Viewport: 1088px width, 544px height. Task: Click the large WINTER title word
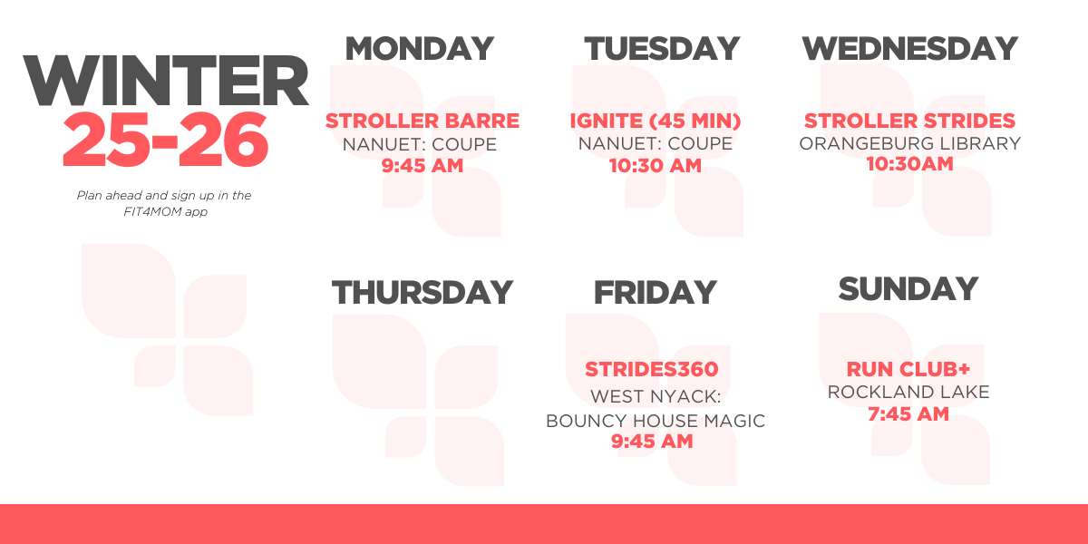pyautogui.click(x=166, y=82)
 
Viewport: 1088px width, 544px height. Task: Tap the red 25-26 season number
pyautogui.click(x=166, y=141)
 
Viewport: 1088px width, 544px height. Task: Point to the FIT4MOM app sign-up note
pyautogui.click(x=164, y=203)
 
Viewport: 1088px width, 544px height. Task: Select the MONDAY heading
pyautogui.click(x=419, y=48)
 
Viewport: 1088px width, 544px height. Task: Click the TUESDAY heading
pyautogui.click(x=662, y=49)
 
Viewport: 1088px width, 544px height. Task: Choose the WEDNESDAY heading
pyautogui.click(x=909, y=49)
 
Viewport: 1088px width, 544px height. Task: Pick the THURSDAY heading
pyautogui.click(x=423, y=293)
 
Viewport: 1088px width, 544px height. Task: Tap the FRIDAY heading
pyautogui.click(x=655, y=293)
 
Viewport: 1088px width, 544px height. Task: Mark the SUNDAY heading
pyautogui.click(x=908, y=289)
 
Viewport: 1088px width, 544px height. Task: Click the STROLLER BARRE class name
pyautogui.click(x=423, y=121)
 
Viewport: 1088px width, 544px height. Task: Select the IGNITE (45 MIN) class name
pyautogui.click(x=656, y=121)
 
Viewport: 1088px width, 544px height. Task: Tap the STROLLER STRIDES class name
pyautogui.click(x=909, y=121)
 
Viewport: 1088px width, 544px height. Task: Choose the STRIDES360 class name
pyautogui.click(x=651, y=369)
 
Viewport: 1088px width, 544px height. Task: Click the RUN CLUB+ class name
pyautogui.click(x=908, y=369)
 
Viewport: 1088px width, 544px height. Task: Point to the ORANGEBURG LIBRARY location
pyautogui.click(x=909, y=143)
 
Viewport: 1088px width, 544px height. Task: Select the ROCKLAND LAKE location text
pyautogui.click(x=908, y=392)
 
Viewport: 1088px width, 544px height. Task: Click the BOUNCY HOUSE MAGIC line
pyautogui.click(x=655, y=421)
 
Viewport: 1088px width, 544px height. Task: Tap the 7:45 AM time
pyautogui.click(x=908, y=414)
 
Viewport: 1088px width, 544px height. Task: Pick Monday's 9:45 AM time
pyautogui.click(x=423, y=165)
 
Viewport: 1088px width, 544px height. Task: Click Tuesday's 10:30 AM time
pyautogui.click(x=656, y=165)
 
